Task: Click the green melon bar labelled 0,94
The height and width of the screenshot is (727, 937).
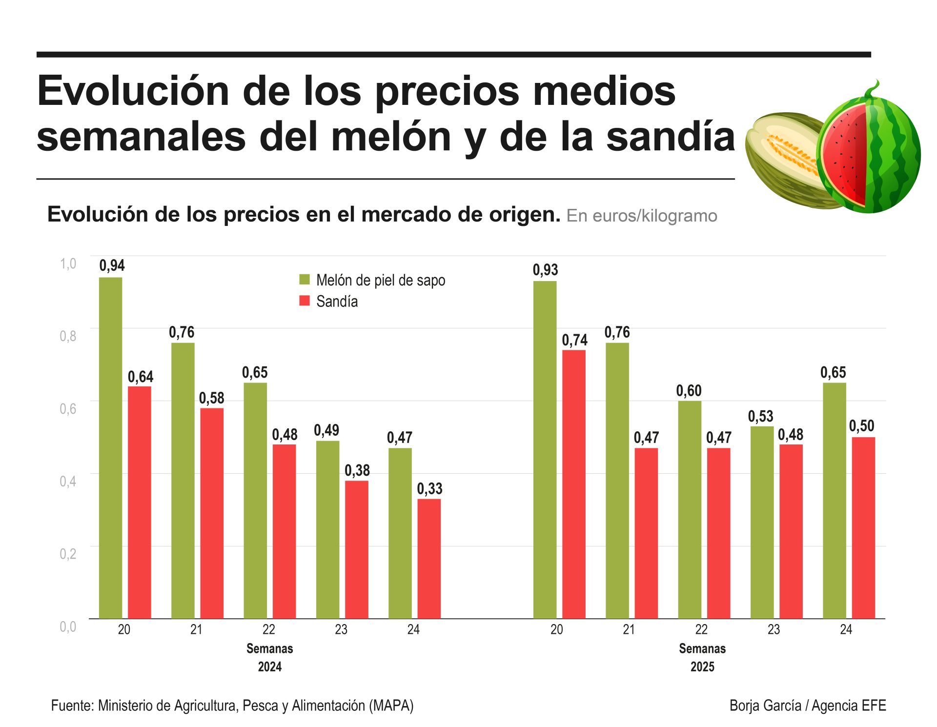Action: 110,448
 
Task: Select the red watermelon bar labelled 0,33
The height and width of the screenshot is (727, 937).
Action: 429,559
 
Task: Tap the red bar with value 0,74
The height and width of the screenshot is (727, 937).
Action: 573,484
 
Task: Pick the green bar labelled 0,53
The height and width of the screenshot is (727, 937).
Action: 761,522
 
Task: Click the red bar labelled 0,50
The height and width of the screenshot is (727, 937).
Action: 863,527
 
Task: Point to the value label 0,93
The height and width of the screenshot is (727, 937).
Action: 545,270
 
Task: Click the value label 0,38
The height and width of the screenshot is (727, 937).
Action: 357,470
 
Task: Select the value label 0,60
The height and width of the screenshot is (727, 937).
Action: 689,390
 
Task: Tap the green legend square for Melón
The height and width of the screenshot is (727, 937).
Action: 305,280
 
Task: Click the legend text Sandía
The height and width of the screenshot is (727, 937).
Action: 337,302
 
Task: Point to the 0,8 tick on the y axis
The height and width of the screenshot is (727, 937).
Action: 68,336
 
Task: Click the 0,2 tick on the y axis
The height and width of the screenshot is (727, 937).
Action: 68,554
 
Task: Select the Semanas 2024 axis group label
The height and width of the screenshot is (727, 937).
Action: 269,658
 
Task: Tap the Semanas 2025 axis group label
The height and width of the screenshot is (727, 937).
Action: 702,658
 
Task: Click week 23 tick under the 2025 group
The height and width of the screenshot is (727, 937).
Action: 774,629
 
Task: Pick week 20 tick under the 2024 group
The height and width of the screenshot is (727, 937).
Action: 124,629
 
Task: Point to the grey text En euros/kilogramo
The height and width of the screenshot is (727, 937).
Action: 641,216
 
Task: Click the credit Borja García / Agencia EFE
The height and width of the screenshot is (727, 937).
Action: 807,706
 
